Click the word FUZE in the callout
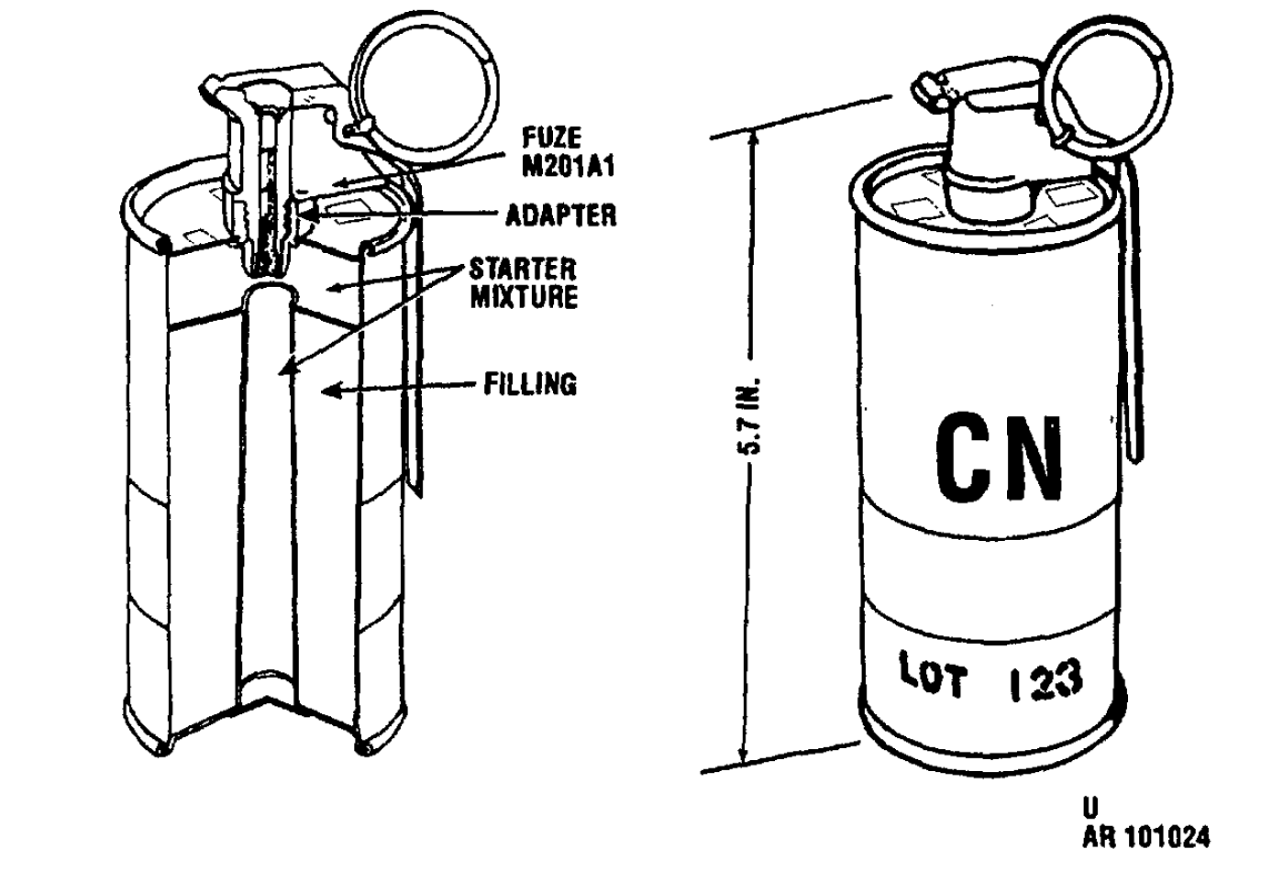(x=551, y=138)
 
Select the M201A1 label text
(x=569, y=166)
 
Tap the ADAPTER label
(x=561, y=215)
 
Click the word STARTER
(x=523, y=270)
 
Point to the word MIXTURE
(x=524, y=297)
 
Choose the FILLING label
(x=530, y=384)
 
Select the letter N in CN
(x=1035, y=458)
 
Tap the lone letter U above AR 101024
(x=1090, y=807)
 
